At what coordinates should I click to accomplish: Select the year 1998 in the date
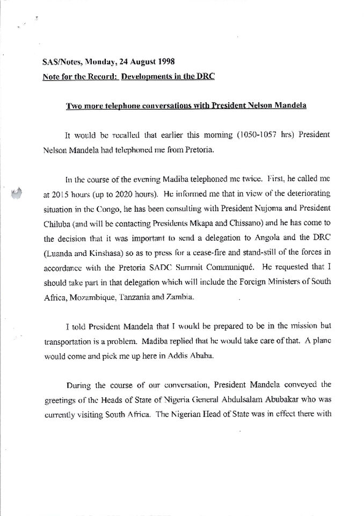click(x=164, y=62)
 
